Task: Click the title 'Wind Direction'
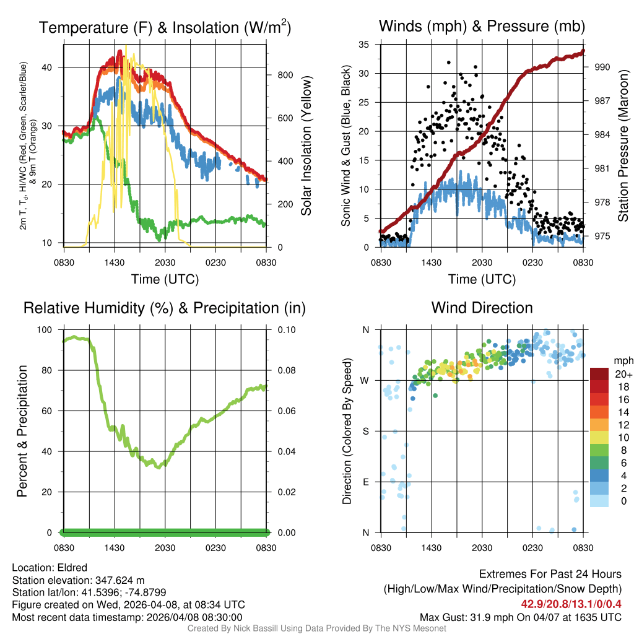(482, 308)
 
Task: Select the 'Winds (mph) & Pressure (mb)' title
(482, 26)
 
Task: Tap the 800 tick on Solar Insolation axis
(277, 75)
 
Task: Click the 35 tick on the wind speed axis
(364, 45)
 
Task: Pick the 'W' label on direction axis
(365, 380)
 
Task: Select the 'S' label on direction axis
(366, 431)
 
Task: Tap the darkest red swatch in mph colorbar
(601, 374)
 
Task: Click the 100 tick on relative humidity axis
(46, 330)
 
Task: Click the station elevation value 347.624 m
(119, 580)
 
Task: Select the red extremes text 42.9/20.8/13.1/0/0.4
(570, 603)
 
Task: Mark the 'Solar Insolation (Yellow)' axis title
(306, 145)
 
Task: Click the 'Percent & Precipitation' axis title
(22, 431)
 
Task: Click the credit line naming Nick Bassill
(316, 628)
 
